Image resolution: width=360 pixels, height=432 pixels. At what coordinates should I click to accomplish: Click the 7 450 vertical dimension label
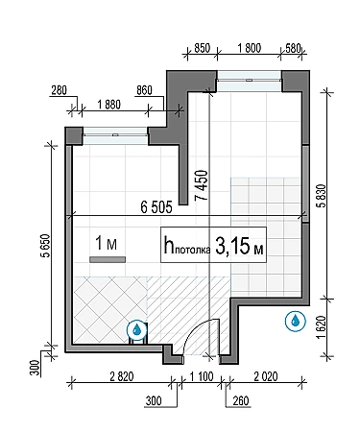click(203, 185)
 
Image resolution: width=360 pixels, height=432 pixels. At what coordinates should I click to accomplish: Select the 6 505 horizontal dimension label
click(156, 207)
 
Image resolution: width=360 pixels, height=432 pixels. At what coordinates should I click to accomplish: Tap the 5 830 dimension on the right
click(321, 196)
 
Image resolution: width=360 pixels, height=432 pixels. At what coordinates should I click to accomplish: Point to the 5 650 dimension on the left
click(46, 246)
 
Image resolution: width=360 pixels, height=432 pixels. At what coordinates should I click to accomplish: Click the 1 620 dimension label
click(321, 327)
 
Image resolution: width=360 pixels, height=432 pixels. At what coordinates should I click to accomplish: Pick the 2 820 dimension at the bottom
click(122, 376)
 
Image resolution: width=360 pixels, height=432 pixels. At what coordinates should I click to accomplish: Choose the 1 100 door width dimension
click(202, 376)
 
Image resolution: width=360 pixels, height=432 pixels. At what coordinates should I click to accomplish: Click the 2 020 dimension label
click(266, 376)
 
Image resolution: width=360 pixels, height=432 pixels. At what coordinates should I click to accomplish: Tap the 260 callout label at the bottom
click(241, 400)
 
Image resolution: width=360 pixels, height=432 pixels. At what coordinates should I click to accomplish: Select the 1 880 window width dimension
click(108, 105)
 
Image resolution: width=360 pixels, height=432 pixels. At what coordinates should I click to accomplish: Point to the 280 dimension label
click(60, 90)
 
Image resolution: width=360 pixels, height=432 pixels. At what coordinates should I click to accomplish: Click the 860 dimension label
click(144, 90)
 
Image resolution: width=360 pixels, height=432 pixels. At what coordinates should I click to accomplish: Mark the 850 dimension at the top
click(203, 48)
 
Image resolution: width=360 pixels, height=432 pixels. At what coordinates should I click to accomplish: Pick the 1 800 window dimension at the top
click(250, 48)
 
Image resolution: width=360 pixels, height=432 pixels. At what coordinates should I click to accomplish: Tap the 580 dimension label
click(294, 48)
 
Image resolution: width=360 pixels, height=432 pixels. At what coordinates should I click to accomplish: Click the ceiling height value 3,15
click(232, 246)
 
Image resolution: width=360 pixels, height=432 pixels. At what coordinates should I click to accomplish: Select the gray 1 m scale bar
click(108, 260)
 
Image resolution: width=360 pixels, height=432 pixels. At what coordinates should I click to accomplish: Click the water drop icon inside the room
click(137, 329)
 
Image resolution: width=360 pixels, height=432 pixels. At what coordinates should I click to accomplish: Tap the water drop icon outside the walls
click(296, 321)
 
